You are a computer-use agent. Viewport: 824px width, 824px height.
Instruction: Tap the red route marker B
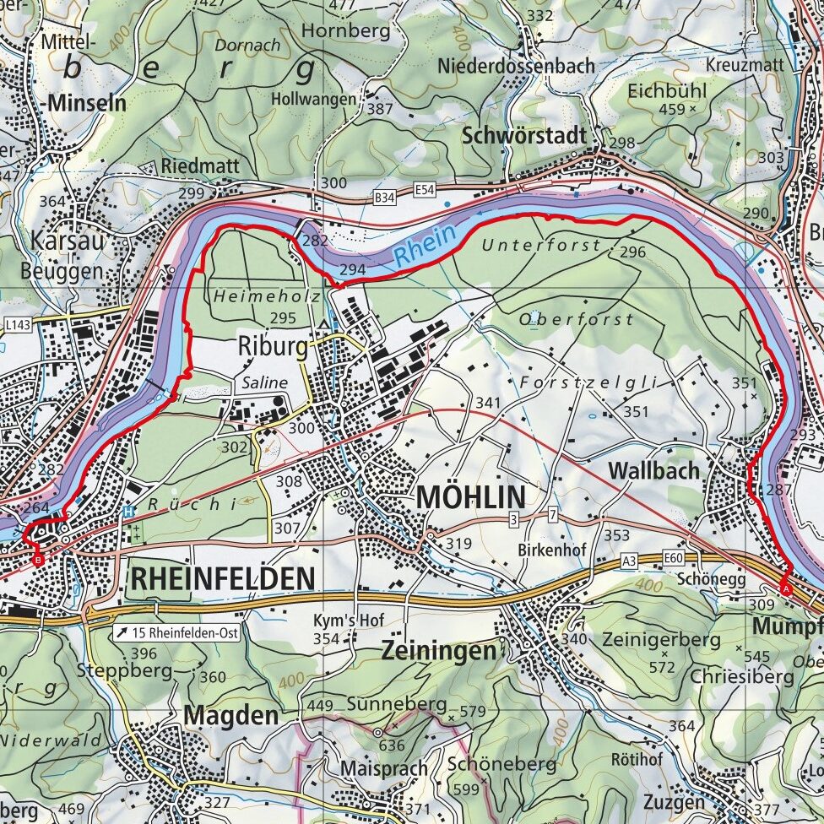point(37,559)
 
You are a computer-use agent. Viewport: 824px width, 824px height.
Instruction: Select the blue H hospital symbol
point(127,511)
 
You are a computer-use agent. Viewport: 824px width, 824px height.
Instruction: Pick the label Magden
point(230,715)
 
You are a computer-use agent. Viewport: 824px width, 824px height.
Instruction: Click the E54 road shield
point(425,192)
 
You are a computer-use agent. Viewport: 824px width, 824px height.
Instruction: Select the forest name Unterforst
point(541,246)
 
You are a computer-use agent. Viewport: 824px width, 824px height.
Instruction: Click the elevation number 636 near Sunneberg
point(392,745)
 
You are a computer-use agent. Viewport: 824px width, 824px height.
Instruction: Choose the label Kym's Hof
point(349,621)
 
